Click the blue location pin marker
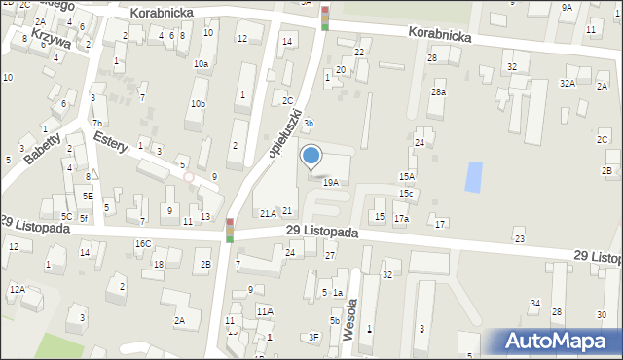pos(311,157)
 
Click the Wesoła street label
pos(352,319)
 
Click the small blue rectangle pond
pos(473,177)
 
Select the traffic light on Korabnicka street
pos(325,18)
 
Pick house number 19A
pos(331,182)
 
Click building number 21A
pos(267,212)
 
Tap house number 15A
pos(407,176)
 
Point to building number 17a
pos(401,219)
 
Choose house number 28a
pos(439,92)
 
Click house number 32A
pos(567,84)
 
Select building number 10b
pos(198,104)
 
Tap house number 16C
pos(143,243)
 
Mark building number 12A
pos(18,289)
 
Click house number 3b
pos(308,124)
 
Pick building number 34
pos(535,304)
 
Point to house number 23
pos(520,238)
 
